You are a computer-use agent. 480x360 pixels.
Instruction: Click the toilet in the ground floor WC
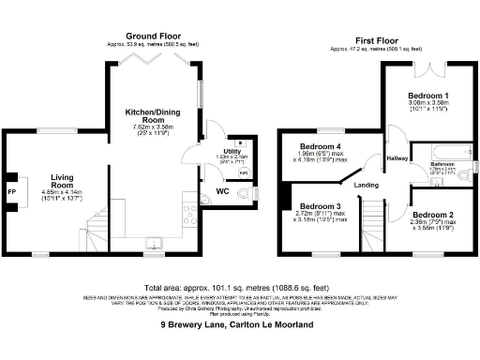click(247, 193)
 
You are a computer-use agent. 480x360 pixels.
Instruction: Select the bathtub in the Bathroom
click(446, 150)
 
